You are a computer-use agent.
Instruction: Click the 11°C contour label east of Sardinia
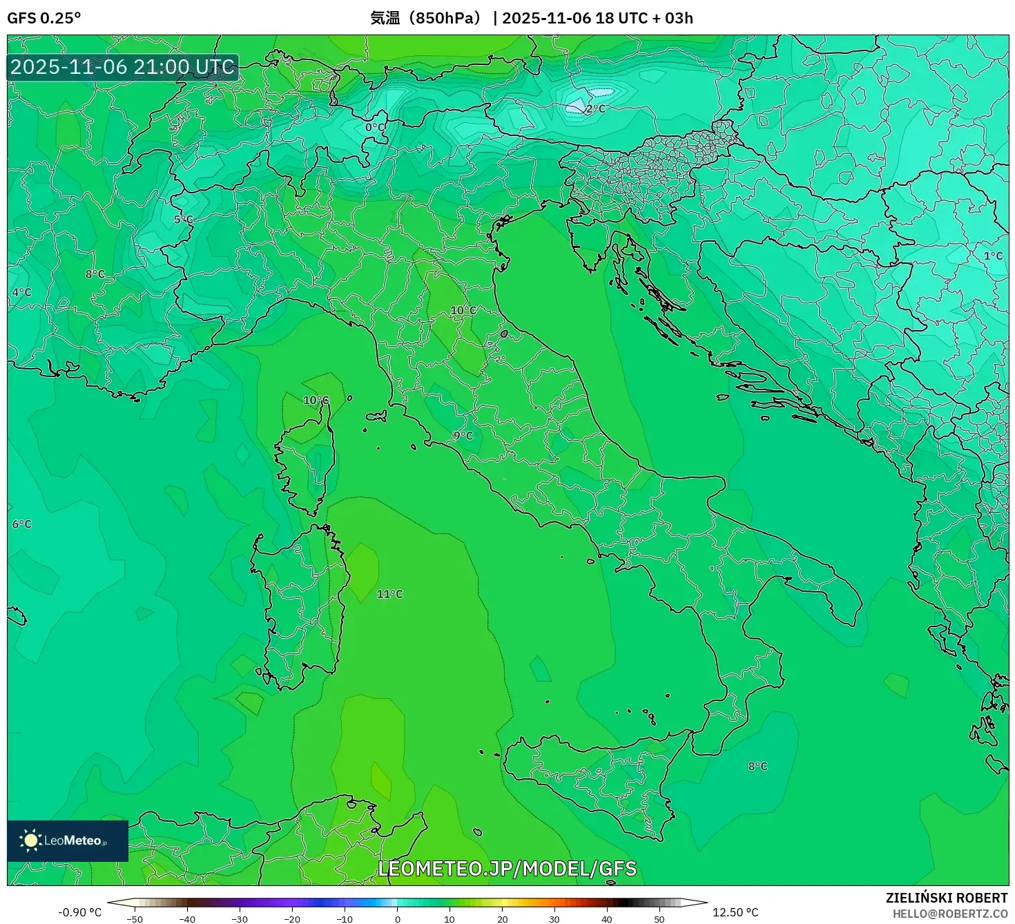pyautogui.click(x=389, y=594)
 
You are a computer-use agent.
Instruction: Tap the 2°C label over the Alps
pyautogui.click(x=595, y=109)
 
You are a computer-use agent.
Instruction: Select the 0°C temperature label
pyautogui.click(x=375, y=127)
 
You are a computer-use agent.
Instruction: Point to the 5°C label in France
pyautogui.click(x=183, y=220)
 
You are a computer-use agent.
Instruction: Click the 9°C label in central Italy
pyautogui.click(x=463, y=436)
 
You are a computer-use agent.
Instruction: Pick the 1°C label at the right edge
pyautogui.click(x=993, y=256)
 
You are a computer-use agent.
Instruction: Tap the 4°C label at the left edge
pyautogui.click(x=21, y=292)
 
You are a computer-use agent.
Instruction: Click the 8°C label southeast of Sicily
pyautogui.click(x=757, y=766)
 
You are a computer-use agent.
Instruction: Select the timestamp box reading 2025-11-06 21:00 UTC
pyautogui.click(x=123, y=67)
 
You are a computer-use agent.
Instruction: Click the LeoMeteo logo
pyautogui.click(x=67, y=840)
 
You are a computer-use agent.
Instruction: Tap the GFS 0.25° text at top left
pyautogui.click(x=44, y=18)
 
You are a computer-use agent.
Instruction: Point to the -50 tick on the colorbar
pyautogui.click(x=135, y=919)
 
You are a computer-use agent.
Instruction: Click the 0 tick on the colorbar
pyautogui.click(x=397, y=919)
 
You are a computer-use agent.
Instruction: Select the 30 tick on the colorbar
pyautogui.click(x=554, y=919)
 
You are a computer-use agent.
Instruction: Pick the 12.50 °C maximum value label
pyautogui.click(x=735, y=912)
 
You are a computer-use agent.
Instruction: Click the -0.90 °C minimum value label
pyautogui.click(x=79, y=912)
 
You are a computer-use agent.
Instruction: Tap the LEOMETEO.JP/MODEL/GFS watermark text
pyautogui.click(x=507, y=869)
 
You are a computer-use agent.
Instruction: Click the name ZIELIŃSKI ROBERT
pyautogui.click(x=947, y=898)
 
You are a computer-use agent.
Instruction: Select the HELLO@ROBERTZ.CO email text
pyautogui.click(x=949, y=914)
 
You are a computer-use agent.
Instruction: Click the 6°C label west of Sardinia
pyautogui.click(x=21, y=524)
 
